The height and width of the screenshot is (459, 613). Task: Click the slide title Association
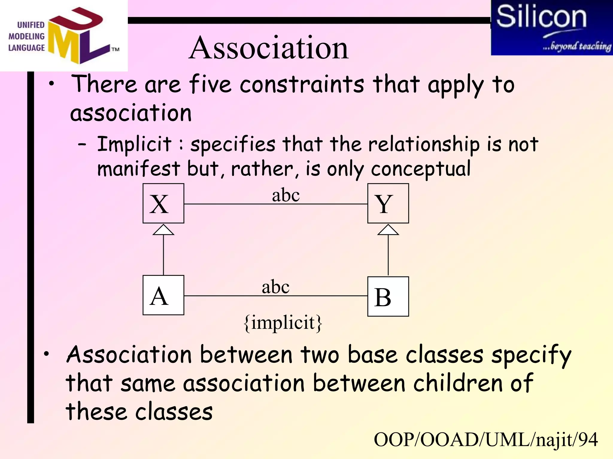pyautogui.click(x=268, y=48)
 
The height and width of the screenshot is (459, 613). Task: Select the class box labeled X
pyautogui.click(x=163, y=203)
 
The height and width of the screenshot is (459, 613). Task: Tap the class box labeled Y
pyautogui.click(x=388, y=203)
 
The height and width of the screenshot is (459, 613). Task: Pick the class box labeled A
pyautogui.click(x=163, y=295)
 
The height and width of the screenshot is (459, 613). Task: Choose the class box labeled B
pyautogui.click(x=388, y=296)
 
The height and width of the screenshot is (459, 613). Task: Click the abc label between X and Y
pyautogui.click(x=286, y=195)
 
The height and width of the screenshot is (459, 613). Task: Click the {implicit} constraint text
pyautogui.click(x=283, y=323)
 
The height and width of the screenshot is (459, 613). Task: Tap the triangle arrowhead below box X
pyautogui.click(x=163, y=230)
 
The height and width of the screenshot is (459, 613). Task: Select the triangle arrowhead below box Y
pyautogui.click(x=388, y=230)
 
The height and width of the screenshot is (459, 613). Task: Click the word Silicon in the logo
pyautogui.click(x=541, y=17)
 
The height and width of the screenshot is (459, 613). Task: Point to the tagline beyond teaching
pyautogui.click(x=577, y=46)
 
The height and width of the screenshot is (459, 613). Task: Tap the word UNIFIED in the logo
pyautogui.click(x=31, y=25)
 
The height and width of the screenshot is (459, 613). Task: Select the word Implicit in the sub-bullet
pyautogui.click(x=134, y=144)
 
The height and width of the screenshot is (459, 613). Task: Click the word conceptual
pyautogui.click(x=421, y=169)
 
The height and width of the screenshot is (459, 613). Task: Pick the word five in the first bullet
pyautogui.click(x=210, y=84)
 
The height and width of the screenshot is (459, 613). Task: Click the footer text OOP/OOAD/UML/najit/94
pyautogui.click(x=485, y=440)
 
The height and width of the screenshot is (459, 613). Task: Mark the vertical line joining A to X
pyautogui.click(x=163, y=255)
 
